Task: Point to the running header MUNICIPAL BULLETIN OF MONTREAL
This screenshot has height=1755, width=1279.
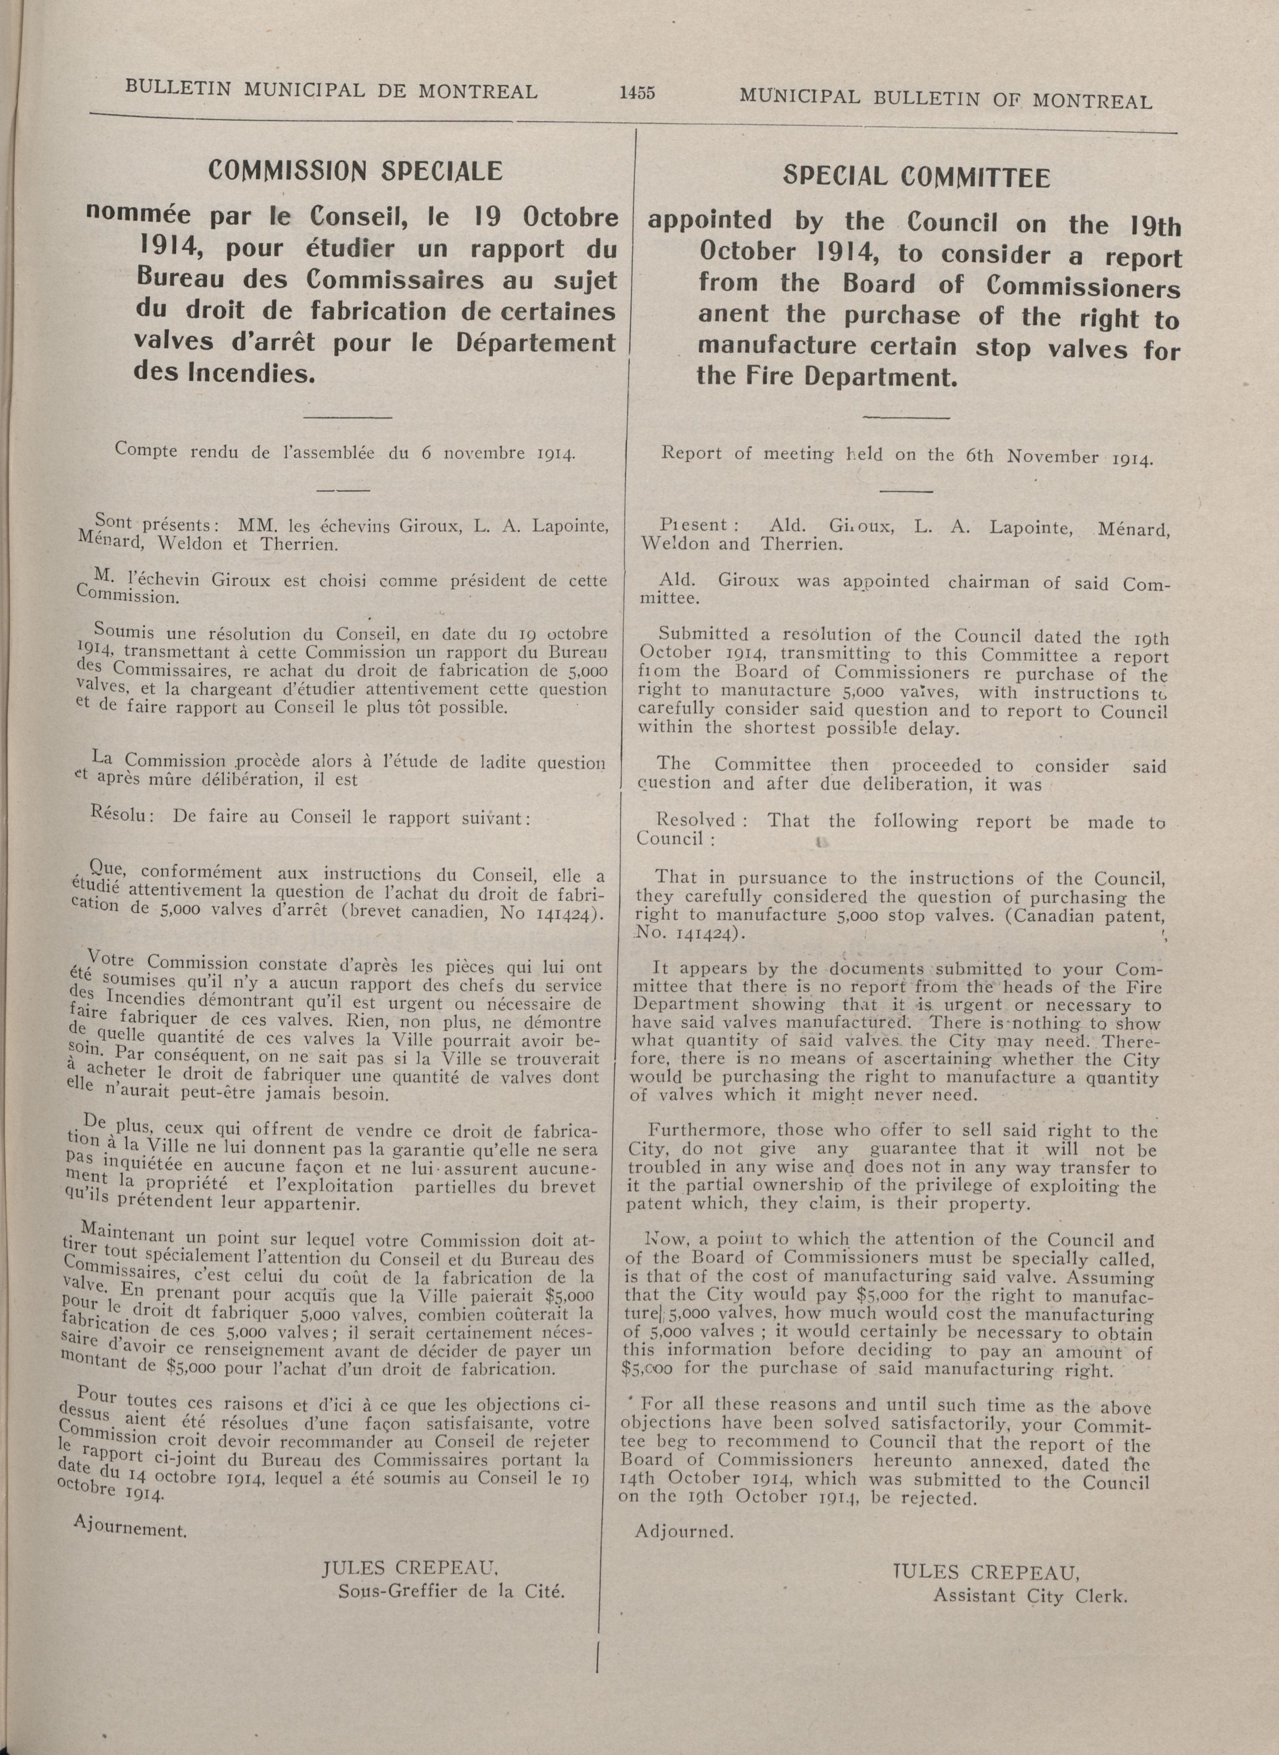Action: [x=945, y=99]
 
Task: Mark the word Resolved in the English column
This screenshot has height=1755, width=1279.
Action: [x=695, y=820]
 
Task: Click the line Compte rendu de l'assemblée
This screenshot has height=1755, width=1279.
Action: [x=345, y=451]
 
